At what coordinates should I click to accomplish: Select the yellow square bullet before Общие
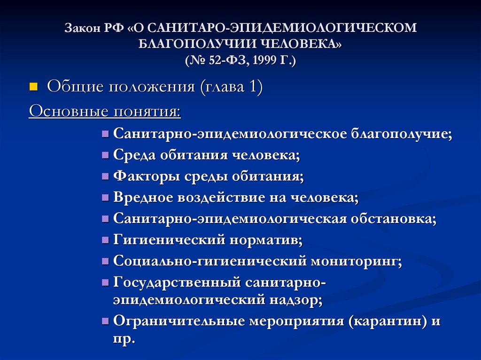click(33, 87)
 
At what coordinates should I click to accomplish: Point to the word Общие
click(75, 87)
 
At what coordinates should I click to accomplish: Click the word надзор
click(299, 300)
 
